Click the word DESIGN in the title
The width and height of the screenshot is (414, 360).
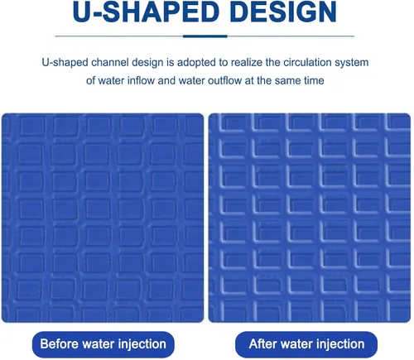point(283,12)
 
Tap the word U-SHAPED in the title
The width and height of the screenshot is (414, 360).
point(146,12)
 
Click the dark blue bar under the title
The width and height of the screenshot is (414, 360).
point(205,36)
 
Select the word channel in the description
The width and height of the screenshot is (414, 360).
point(110,63)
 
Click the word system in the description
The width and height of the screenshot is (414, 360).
point(352,63)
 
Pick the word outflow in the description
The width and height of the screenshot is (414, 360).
point(224,81)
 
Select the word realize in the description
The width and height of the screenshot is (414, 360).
point(247,63)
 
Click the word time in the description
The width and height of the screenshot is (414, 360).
point(314,81)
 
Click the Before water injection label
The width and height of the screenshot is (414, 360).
point(103,344)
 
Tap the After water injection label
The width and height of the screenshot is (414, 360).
point(306,344)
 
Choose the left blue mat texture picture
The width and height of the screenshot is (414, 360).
point(103,218)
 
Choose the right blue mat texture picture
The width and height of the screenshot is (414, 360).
point(310,218)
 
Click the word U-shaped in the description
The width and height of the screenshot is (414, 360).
point(65,63)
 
